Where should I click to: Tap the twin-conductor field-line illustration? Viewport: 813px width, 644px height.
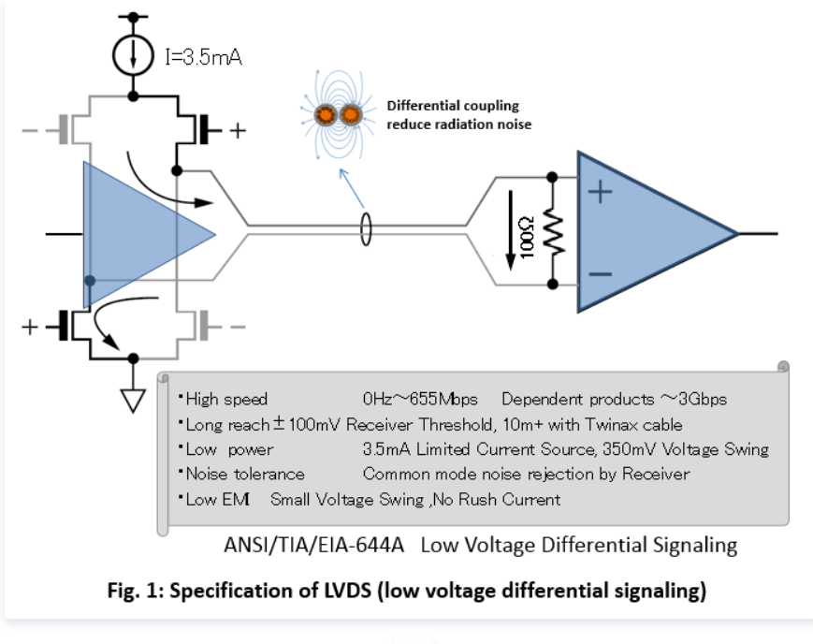point(338,117)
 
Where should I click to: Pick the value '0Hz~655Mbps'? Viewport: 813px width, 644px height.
point(421,399)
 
